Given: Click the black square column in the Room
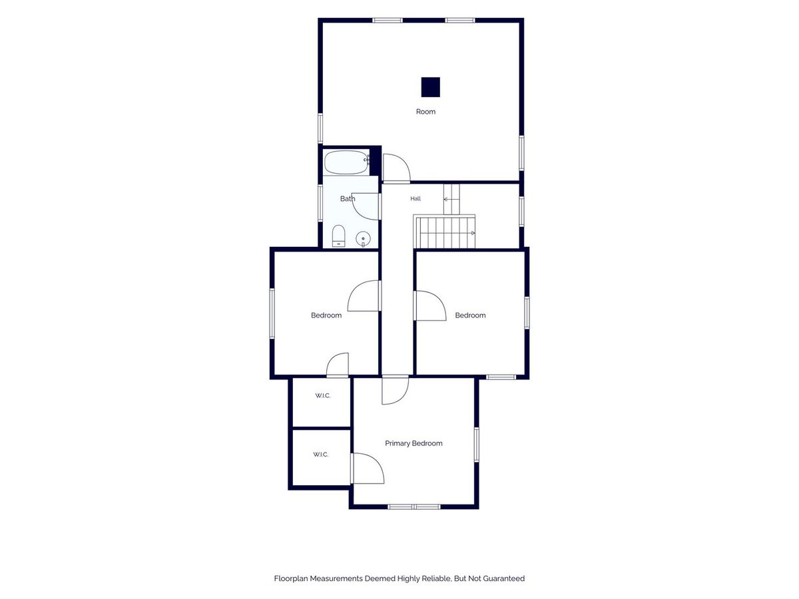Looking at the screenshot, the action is tap(430, 87).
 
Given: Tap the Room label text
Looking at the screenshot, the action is tap(425, 112).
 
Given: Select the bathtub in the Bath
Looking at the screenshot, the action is tap(346, 162).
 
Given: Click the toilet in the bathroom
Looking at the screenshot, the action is tap(338, 236).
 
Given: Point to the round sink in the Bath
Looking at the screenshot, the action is tap(363, 239).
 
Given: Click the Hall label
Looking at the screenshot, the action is tap(415, 198).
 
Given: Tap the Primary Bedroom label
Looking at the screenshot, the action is tap(413, 443).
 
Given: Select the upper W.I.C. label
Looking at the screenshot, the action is tap(322, 396).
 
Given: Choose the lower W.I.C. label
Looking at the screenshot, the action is tap(320, 455).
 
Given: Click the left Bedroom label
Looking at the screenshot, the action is tap(326, 315).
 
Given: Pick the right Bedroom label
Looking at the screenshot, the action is tap(470, 315).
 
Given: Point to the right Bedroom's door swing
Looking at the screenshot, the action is tap(439, 300).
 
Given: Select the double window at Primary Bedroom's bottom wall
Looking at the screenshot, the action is tap(414, 506).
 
